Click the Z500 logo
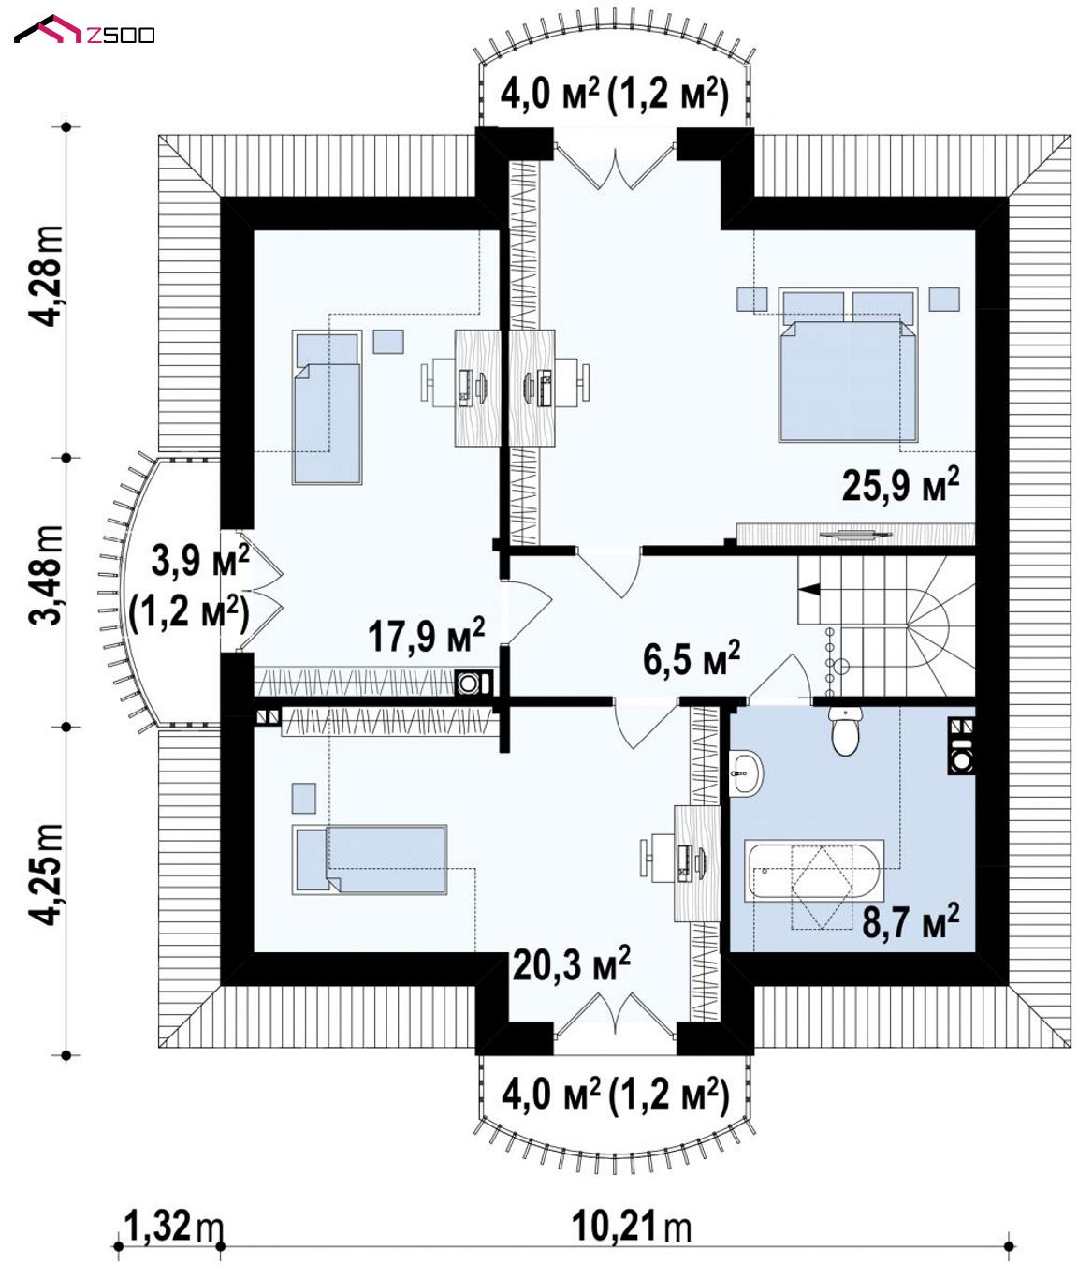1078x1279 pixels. pos(84,31)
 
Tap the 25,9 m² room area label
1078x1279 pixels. pos(900,484)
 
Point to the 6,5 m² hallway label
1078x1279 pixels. pos(692,658)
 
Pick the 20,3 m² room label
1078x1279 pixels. pos(571,963)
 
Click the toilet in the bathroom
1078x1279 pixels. pos(846,730)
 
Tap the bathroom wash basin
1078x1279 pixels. pos(746,773)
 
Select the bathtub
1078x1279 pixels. pos(814,871)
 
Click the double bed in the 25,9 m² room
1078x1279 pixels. pos(849,365)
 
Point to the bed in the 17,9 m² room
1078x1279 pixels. pos(327,407)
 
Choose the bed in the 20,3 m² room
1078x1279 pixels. pos(370,860)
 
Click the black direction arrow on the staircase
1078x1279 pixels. pos(809,589)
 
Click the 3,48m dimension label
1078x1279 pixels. pos(47,575)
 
